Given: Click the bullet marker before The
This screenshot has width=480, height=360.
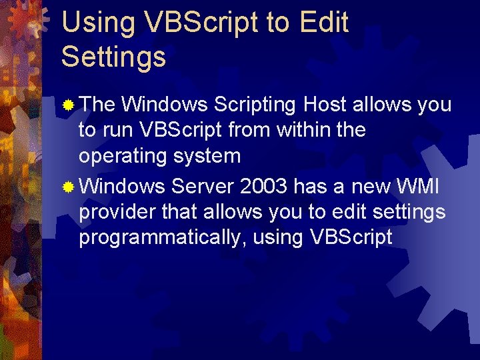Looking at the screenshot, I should point(69,105).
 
